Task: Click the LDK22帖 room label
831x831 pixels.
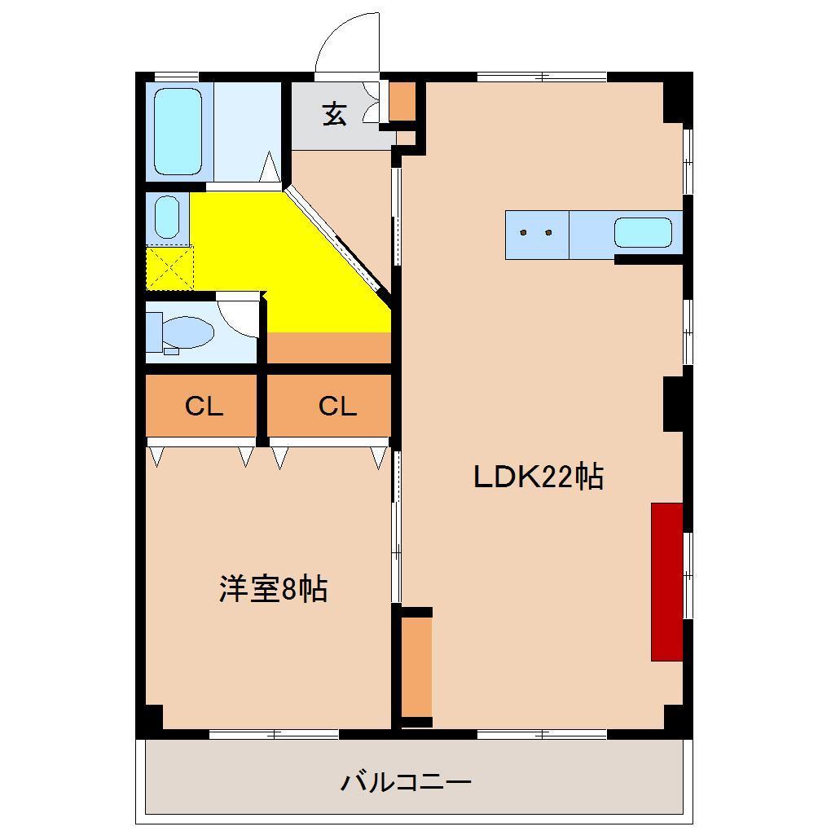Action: (539, 477)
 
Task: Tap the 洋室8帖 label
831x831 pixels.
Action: (273, 588)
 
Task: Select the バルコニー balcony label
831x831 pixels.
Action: (405, 783)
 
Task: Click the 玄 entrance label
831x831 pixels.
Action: (334, 114)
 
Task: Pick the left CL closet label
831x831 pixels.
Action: (203, 406)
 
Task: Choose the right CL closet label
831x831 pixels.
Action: (337, 406)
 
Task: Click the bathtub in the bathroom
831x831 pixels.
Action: (178, 132)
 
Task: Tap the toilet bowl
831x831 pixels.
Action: (184, 333)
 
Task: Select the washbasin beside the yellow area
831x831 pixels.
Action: (167, 218)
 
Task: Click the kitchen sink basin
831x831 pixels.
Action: (643, 233)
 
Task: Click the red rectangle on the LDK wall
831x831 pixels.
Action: (666, 581)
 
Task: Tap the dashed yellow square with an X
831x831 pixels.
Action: (169, 269)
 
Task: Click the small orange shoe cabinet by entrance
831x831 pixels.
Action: (402, 100)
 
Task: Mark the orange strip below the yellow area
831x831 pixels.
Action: (328, 348)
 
